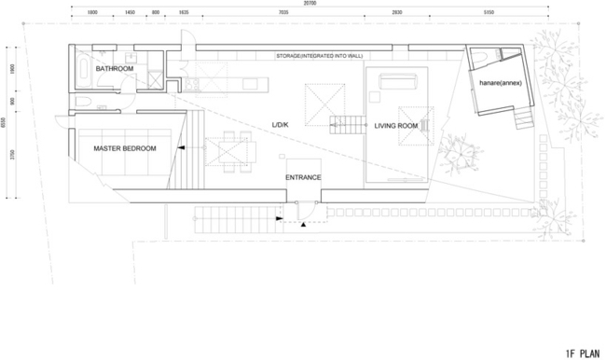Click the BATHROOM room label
(114, 69)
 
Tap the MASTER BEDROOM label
(124, 148)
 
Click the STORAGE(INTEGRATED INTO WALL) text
(319, 56)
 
